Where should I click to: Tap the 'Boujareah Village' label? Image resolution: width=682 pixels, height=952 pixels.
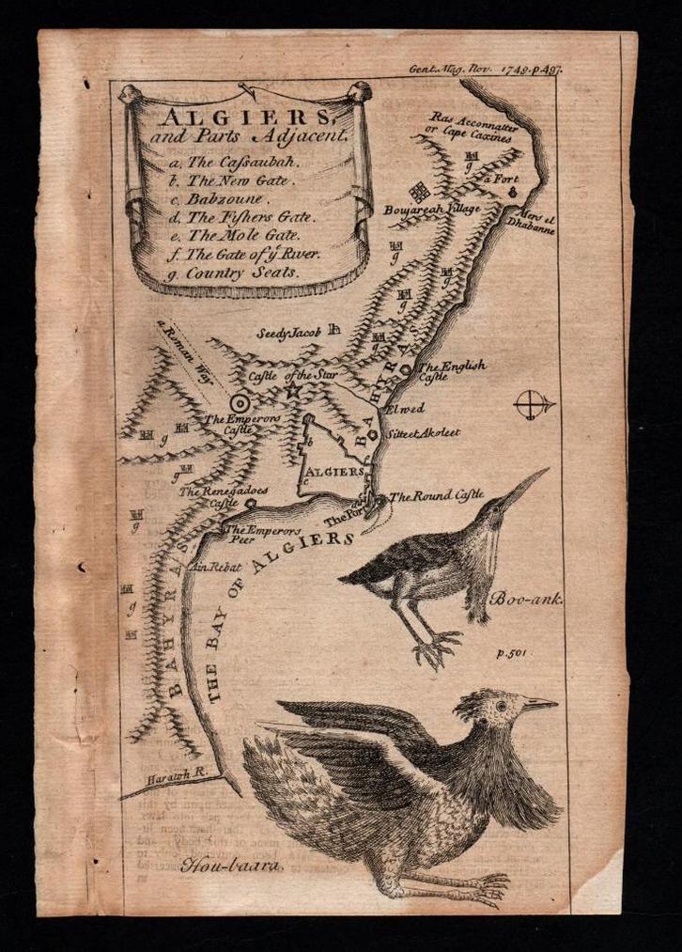click(x=432, y=209)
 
